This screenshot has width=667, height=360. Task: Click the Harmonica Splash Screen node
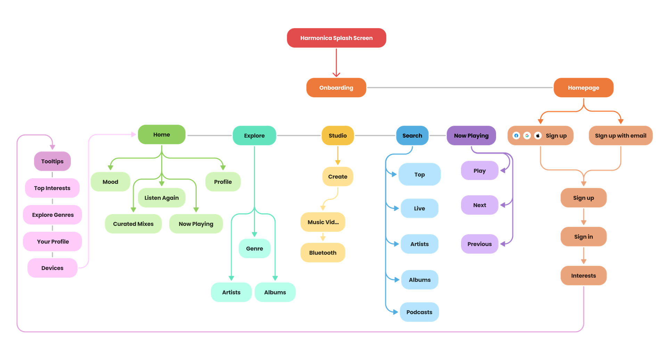pyautogui.click(x=336, y=38)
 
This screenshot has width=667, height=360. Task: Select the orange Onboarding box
pyautogui.click(x=336, y=88)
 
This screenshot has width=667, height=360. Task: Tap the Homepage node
pyautogui.click(x=583, y=88)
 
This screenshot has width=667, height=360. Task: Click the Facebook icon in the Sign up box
pyautogui.click(x=516, y=136)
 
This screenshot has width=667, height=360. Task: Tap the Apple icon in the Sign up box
pyautogui.click(x=538, y=136)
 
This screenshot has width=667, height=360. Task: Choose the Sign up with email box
pyautogui.click(x=620, y=136)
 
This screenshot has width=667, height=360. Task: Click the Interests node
pyautogui.click(x=583, y=276)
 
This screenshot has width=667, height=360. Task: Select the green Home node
pyautogui.click(x=162, y=134)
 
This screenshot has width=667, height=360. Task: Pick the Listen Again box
pyautogui.click(x=162, y=198)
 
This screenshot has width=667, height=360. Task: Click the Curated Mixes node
pyautogui.click(x=133, y=224)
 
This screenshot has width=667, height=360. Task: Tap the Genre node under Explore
pyautogui.click(x=254, y=248)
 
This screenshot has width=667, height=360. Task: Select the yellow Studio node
pyautogui.click(x=338, y=136)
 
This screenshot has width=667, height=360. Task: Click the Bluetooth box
pyautogui.click(x=323, y=253)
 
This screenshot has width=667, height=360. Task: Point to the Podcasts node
pyautogui.click(x=419, y=312)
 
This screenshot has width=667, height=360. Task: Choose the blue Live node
pyautogui.click(x=419, y=208)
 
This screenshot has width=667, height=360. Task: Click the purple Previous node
pyautogui.click(x=479, y=244)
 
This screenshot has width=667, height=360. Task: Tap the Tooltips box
pyautogui.click(x=52, y=161)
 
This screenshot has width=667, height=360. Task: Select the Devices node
pyautogui.click(x=52, y=268)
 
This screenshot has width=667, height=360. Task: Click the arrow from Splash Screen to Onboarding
pyautogui.click(x=336, y=63)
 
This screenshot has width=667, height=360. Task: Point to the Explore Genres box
pyautogui.click(x=53, y=215)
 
